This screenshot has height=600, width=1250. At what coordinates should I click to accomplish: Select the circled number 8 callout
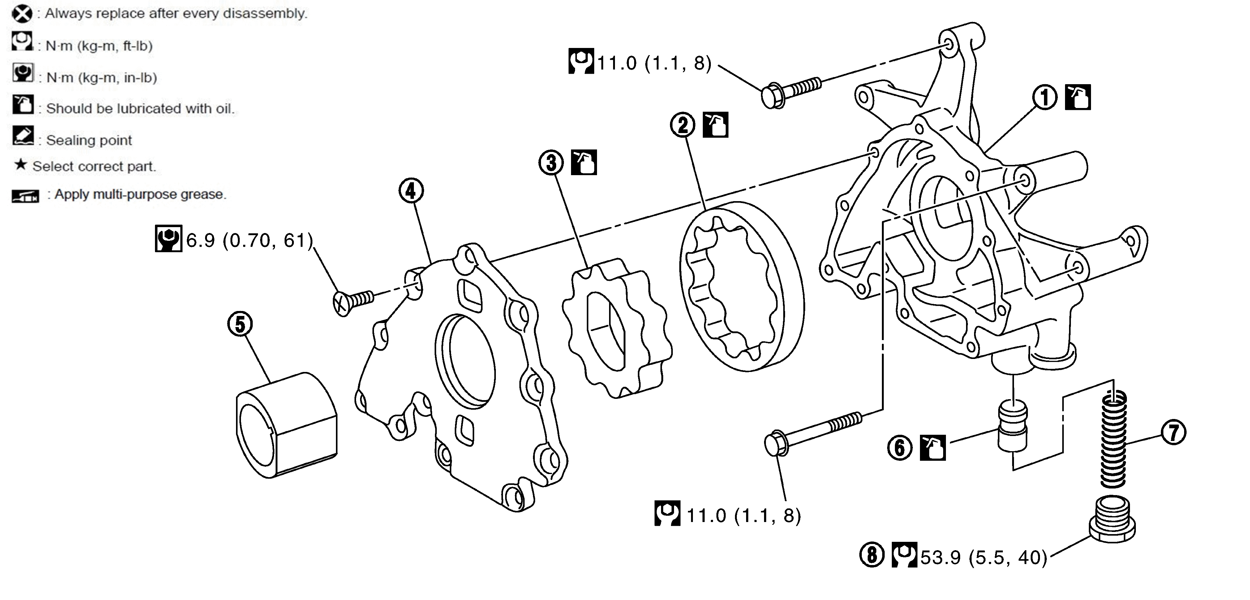(872, 555)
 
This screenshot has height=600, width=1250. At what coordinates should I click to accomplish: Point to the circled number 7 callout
(1173, 432)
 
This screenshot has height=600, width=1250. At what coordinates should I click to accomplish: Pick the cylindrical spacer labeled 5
(286, 425)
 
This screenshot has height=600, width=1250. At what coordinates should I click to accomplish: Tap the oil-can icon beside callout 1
(1078, 97)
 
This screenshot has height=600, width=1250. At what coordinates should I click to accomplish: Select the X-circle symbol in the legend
(22, 14)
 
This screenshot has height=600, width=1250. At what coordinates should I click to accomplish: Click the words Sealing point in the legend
(89, 140)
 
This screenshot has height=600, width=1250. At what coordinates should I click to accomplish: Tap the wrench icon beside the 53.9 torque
(904, 555)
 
